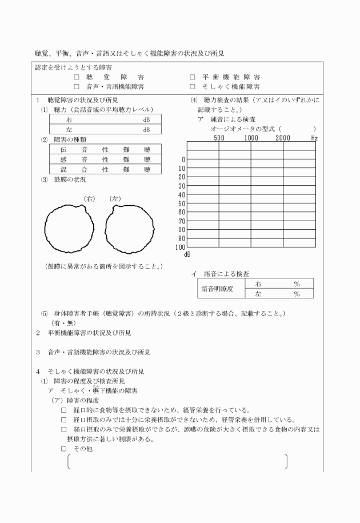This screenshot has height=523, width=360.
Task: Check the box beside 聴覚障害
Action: [76, 77]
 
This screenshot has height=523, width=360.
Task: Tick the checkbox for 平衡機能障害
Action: [193, 77]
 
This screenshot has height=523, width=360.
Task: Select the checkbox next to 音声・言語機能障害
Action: [76, 87]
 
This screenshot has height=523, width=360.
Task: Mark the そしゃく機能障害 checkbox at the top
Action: [193, 87]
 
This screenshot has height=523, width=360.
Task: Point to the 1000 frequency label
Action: [251, 138]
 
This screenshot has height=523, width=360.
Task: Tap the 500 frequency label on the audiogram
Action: [219, 138]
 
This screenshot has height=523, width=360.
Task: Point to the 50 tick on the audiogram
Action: [182, 203]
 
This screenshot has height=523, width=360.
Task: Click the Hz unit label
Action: [314, 138]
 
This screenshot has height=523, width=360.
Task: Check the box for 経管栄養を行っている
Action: [64, 410]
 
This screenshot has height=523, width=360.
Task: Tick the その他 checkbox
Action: [64, 449]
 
